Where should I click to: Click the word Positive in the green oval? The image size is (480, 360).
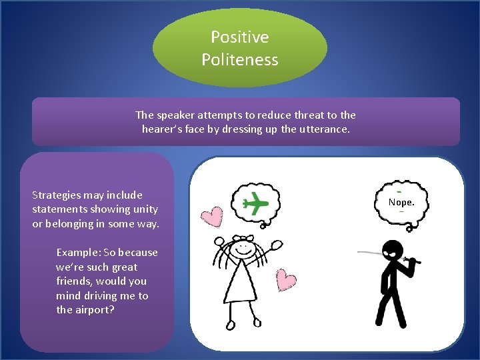click(239, 37)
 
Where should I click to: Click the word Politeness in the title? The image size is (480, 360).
click(239, 59)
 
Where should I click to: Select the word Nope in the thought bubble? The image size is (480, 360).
click(400, 201)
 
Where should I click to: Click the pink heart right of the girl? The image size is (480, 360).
click(286, 281)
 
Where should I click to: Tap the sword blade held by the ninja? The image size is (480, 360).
click(370, 253)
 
